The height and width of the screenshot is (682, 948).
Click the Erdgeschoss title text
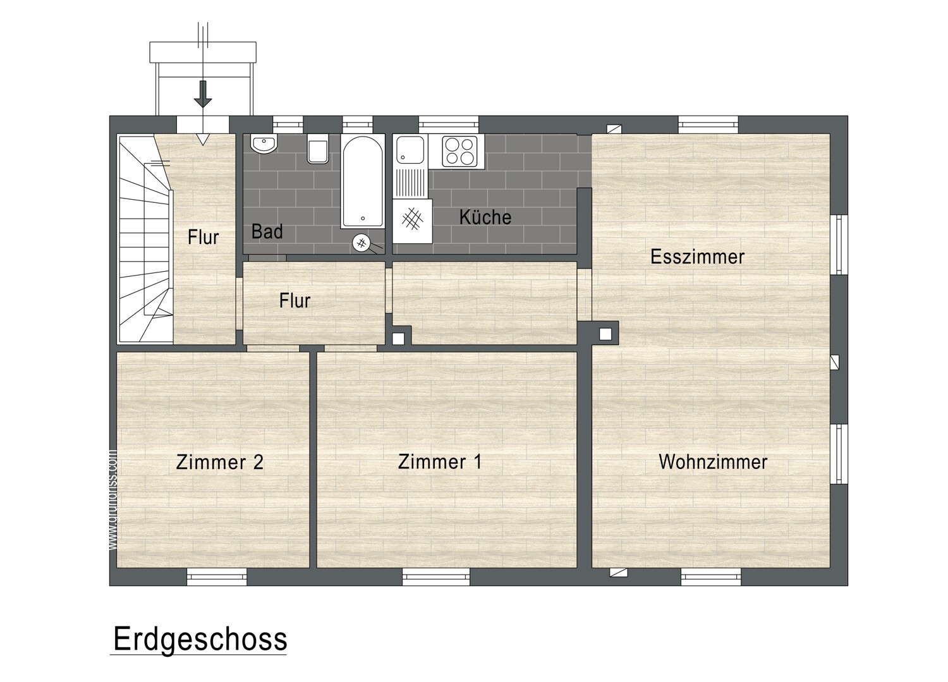pyautogui.click(x=200, y=639)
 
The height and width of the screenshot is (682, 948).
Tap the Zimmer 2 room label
pyautogui.click(x=219, y=462)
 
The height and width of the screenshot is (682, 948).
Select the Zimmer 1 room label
pyautogui.click(x=440, y=461)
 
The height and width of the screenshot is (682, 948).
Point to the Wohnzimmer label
pyautogui.click(x=713, y=461)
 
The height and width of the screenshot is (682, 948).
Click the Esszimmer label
pyautogui.click(x=697, y=257)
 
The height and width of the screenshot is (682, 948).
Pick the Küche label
pyautogui.click(x=485, y=217)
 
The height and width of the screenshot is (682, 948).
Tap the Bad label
pyautogui.click(x=267, y=231)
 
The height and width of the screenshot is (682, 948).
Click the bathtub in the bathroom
pyautogui.click(x=362, y=181)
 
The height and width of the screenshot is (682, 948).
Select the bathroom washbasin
pyautogui.click(x=263, y=144)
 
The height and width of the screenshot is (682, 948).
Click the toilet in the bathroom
pyautogui.click(x=317, y=150)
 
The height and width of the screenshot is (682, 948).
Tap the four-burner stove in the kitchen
pyautogui.click(x=459, y=150)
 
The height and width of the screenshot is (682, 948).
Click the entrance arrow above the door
pyautogui.click(x=202, y=94)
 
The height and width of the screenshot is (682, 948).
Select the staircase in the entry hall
pyautogui.click(x=145, y=240)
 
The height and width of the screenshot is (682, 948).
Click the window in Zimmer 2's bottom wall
pyautogui.click(x=216, y=576)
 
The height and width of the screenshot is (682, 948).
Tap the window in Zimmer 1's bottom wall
pyautogui.click(x=435, y=576)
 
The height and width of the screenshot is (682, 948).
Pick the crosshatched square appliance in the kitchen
pyautogui.click(x=412, y=221)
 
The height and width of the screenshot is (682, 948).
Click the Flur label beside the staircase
pyautogui.click(x=203, y=237)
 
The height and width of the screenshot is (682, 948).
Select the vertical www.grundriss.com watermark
pyautogui.click(x=113, y=499)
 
